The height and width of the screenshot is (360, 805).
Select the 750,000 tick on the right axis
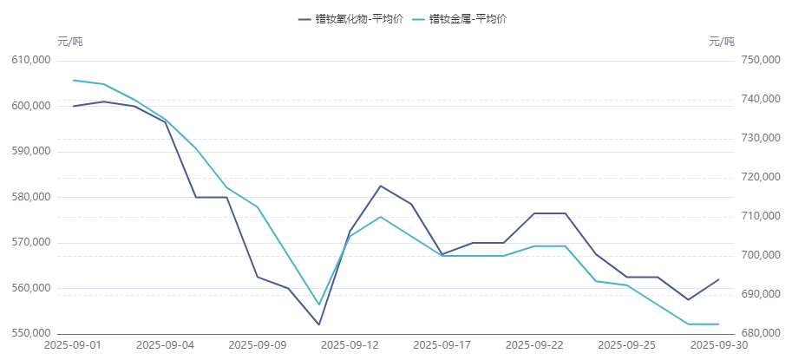[761, 61]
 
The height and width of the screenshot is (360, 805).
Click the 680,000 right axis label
[761, 333]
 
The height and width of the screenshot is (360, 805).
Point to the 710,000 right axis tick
[761, 216]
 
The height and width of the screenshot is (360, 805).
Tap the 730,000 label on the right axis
[761, 139]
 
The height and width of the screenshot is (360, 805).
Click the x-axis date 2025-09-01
[73, 344]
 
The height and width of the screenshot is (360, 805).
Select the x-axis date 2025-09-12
[350, 344]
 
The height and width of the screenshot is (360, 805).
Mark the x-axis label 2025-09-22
[535, 344]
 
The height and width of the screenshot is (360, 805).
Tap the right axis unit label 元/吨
[721, 42]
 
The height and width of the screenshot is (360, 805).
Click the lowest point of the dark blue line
[319, 324]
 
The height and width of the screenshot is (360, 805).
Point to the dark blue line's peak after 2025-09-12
[380, 186]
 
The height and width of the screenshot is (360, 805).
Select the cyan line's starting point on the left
[73, 80]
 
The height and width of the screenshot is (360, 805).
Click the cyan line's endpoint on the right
[718, 324]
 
